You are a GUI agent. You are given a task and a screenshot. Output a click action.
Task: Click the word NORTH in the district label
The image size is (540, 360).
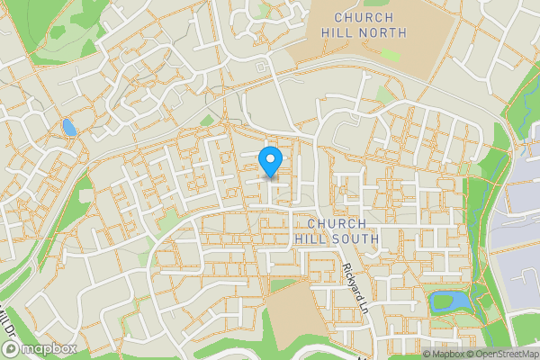382,32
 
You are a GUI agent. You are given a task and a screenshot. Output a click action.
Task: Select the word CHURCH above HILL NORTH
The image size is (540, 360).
364,17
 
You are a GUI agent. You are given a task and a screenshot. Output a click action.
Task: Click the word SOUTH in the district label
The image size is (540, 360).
346,238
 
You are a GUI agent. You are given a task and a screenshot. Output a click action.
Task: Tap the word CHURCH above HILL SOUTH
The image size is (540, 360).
336,223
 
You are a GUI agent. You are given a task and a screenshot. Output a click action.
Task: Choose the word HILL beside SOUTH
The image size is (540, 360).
309,238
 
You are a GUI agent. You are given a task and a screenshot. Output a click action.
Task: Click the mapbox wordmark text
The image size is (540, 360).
50,348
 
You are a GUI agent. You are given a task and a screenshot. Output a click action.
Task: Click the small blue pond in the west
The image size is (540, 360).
68,127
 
